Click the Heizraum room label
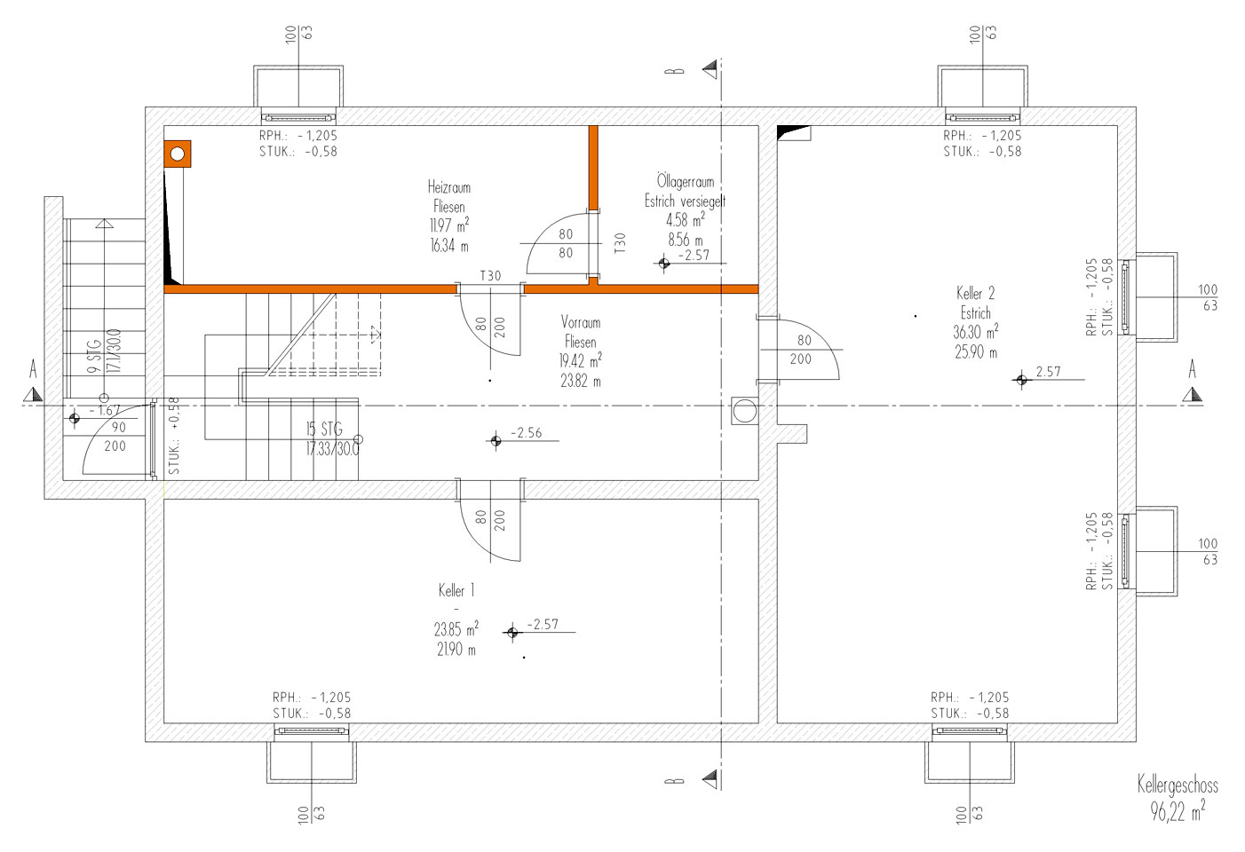[x=449, y=187]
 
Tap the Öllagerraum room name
[x=685, y=182]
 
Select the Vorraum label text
[x=581, y=322]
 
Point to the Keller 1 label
[x=456, y=590]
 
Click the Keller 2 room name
[x=975, y=293]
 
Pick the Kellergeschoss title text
[x=1178, y=785]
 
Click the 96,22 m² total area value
[x=1178, y=810]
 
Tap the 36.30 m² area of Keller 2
[x=975, y=333]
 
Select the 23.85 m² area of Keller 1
[x=456, y=629]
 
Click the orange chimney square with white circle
[x=178, y=154]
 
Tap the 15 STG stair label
[x=324, y=430]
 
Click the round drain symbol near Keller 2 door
[x=744, y=411]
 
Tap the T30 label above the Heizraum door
[x=490, y=276]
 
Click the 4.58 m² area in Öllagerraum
[x=685, y=220]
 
